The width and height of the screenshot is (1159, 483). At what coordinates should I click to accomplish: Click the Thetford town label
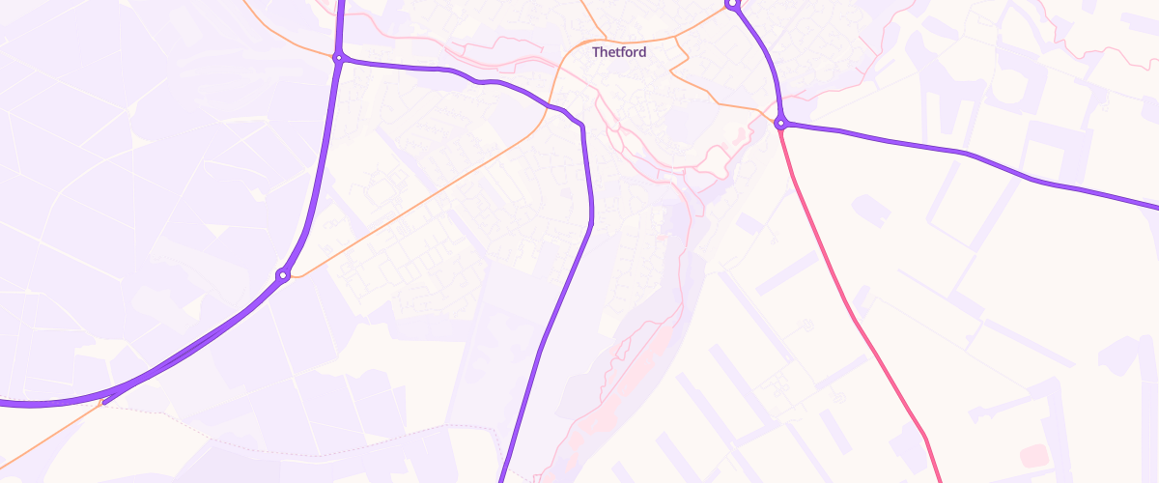[x=619, y=52]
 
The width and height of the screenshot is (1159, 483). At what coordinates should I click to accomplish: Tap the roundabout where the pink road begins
[x=780, y=123]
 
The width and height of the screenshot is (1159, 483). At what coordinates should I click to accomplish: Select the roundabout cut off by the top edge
[x=732, y=4]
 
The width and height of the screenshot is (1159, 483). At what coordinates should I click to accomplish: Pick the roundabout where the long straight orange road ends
[x=283, y=275]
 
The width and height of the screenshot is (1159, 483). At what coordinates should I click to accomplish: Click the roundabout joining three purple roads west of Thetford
[x=338, y=58]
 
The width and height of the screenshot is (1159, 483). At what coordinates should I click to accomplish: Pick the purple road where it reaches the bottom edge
[x=503, y=473]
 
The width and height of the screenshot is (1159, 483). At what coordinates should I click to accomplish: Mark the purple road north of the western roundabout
[x=340, y=24]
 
